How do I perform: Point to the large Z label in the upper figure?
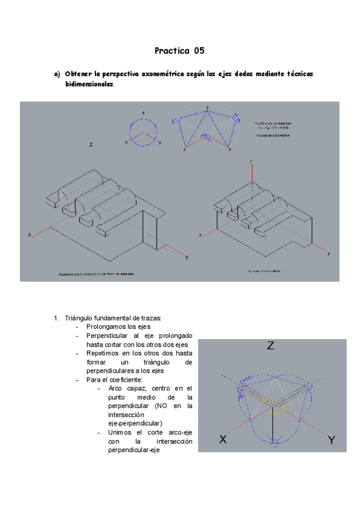(x=91, y=145)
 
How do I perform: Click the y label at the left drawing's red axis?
(x=187, y=258)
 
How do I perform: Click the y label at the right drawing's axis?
(x=329, y=254)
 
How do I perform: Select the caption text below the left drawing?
(x=96, y=274)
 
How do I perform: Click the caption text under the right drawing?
(x=264, y=271)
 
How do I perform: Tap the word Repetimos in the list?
(x=102, y=354)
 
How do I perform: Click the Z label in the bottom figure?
(x=271, y=346)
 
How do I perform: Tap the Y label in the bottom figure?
(x=331, y=440)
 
